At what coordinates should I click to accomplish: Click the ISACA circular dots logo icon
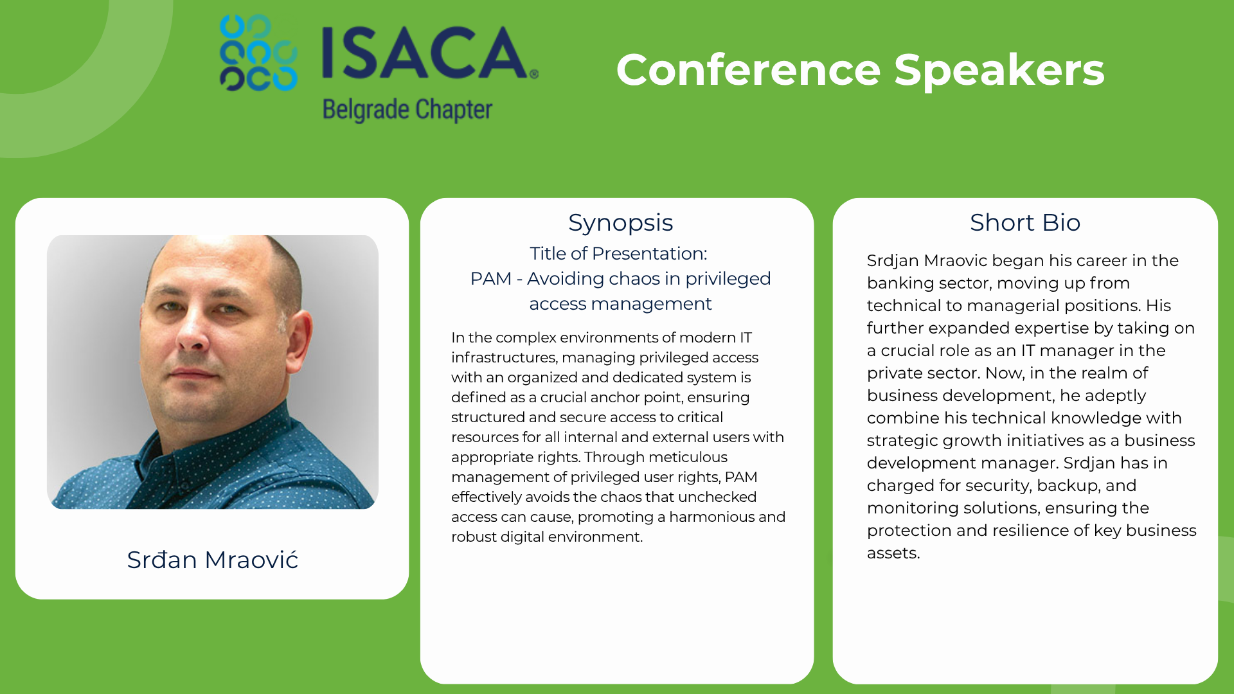[258, 53]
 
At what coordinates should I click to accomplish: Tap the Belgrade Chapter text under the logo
[407, 110]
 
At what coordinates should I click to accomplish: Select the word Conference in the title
[748, 70]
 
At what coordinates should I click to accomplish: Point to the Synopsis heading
[620, 223]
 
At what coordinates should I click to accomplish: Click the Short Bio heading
[1025, 222]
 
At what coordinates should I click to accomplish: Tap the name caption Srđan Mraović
[213, 560]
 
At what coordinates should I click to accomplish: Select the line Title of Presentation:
[618, 254]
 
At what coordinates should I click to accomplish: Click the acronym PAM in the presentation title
[490, 279]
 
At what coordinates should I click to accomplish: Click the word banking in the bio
[897, 283]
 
